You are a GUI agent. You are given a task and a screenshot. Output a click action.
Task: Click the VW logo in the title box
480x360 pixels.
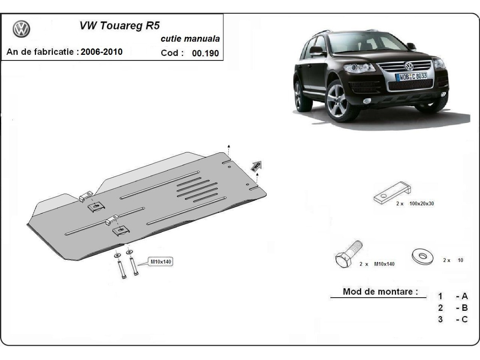coord(21,29)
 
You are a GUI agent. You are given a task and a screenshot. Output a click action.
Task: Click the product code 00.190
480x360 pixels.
coord(205,53)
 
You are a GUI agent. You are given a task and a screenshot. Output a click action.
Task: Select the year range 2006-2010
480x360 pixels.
coord(102,52)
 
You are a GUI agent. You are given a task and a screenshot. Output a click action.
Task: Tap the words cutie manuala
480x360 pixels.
coord(190,39)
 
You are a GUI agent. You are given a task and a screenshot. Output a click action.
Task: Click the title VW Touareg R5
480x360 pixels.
coord(119,25)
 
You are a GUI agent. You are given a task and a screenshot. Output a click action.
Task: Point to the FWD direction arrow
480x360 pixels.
coord(256,166)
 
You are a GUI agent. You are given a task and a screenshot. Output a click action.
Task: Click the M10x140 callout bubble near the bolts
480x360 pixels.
coord(161,262)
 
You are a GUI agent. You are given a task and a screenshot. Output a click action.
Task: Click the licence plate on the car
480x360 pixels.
coord(411,76)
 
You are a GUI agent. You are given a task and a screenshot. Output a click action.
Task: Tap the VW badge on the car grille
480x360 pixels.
coord(408,66)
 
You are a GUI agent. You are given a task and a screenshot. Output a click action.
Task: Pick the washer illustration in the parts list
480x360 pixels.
coord(422,256)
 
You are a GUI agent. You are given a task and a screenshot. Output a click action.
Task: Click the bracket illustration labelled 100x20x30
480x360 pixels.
coord(392,193)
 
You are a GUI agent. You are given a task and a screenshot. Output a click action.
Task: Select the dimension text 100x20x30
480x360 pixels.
coord(421,204)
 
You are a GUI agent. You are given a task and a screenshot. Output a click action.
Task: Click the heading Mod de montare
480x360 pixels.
coord(380,292)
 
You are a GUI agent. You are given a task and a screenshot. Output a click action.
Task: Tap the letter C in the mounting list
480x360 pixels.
coord(464,319)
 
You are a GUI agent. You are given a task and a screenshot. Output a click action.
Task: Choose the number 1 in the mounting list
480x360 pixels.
coord(440,296)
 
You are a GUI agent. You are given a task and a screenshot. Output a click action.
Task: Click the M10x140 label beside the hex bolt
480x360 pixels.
coord(384,264)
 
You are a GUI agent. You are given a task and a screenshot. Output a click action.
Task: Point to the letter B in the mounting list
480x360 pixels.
coord(464,308)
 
